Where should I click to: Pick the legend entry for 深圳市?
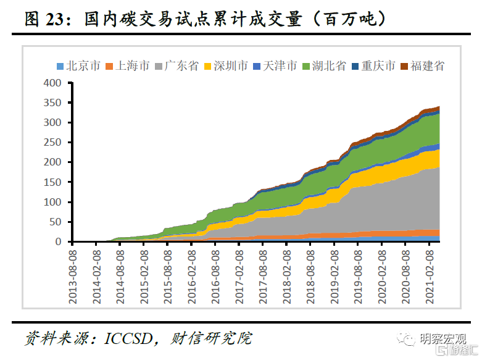[x=231, y=66]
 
